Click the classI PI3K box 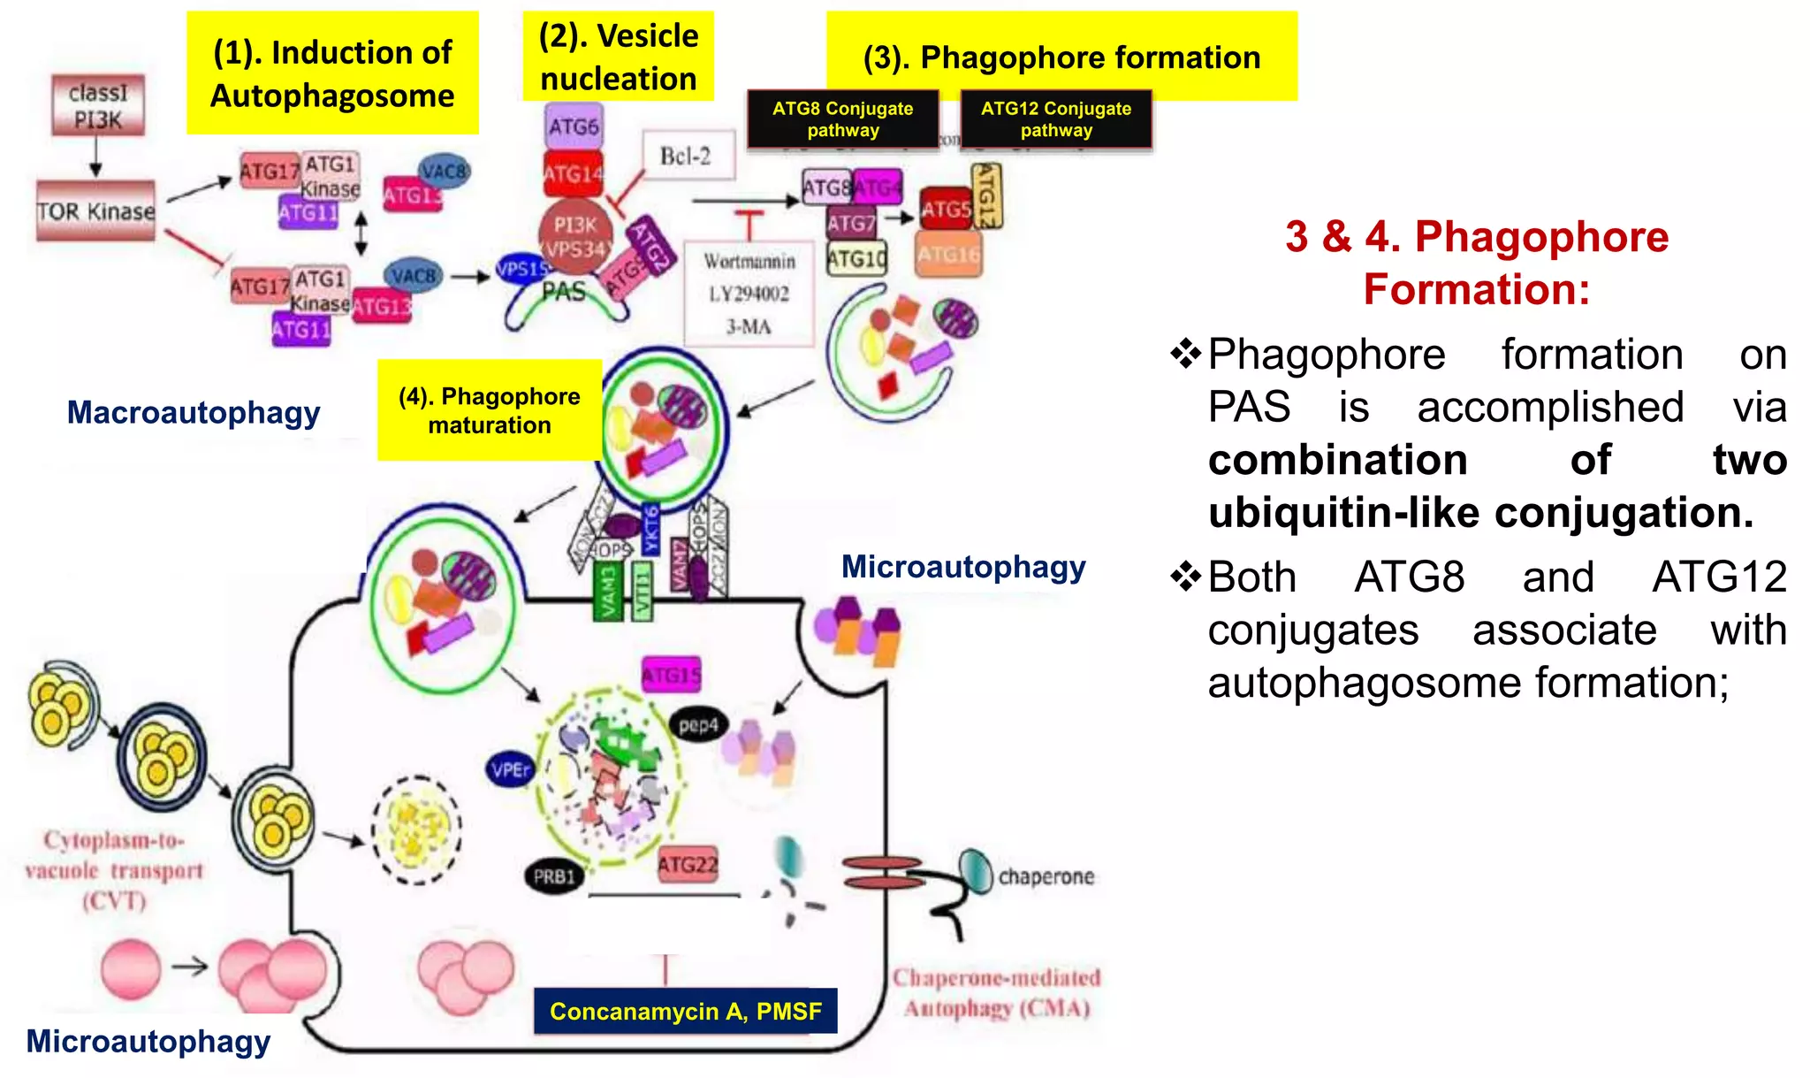coord(97,106)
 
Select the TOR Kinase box coord(95,211)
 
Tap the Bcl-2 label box coord(685,157)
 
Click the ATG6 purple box coord(573,126)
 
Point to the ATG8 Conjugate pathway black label coord(842,119)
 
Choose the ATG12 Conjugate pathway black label coord(1055,119)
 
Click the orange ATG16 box coord(948,255)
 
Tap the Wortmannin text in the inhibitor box coord(749,262)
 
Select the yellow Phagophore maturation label coord(489,410)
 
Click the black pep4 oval coord(698,725)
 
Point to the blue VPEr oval coord(510,769)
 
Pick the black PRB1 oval coord(554,876)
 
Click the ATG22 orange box coord(688,864)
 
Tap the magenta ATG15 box coord(672,676)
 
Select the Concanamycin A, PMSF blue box coord(685,1011)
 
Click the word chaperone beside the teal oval coord(1046,876)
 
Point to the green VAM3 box coord(607,592)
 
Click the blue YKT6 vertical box coord(651,529)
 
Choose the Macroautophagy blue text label coord(194,413)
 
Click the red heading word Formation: coord(1476,289)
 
